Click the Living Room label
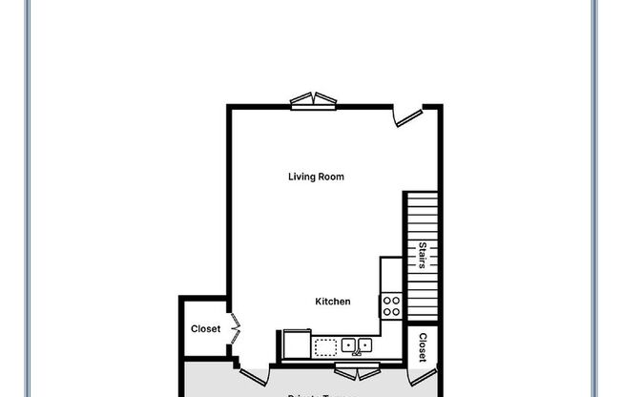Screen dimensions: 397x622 316,177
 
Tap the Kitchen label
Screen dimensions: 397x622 333,302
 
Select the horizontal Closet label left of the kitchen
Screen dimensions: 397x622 205,329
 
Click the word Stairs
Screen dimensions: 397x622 423,255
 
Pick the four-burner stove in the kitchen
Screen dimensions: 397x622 391,305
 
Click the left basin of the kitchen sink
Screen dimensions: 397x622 348,345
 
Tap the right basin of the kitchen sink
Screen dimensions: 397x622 364,345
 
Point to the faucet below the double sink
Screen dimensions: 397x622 357,352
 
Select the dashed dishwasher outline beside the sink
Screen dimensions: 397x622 326,345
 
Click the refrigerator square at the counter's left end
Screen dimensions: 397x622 296,344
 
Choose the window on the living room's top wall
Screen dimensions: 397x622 315,101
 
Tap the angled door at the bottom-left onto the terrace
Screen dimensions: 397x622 253,375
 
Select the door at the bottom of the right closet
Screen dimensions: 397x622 423,376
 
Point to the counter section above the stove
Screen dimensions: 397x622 391,274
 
